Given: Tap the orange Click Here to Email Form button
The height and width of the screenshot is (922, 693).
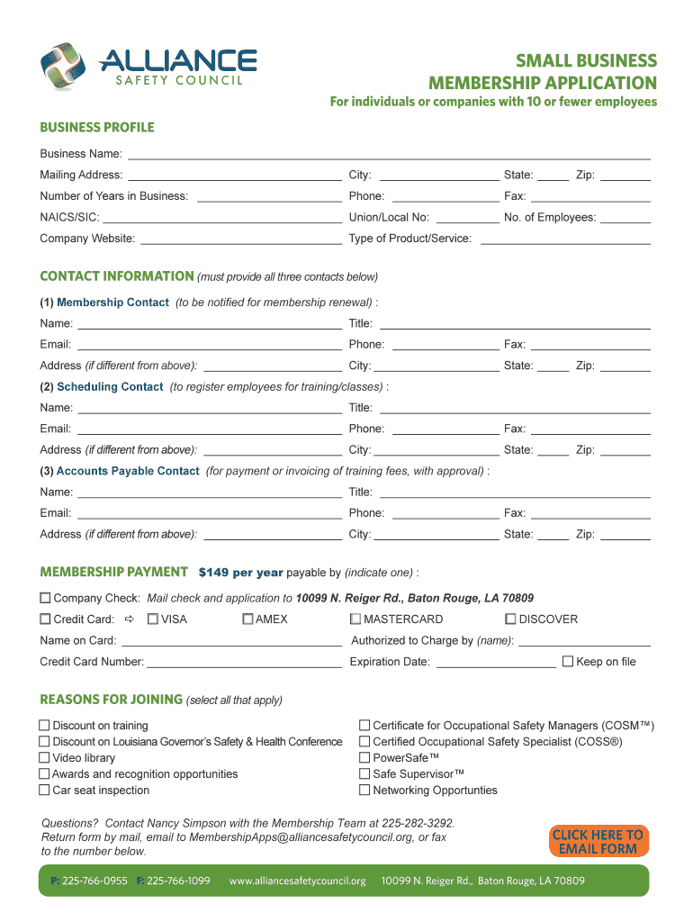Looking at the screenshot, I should (598, 842).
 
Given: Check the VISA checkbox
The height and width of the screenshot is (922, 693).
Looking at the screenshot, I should (153, 619).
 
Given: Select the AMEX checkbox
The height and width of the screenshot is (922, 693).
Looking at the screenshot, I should (247, 619).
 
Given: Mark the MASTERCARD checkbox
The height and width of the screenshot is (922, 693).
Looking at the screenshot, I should (355, 619).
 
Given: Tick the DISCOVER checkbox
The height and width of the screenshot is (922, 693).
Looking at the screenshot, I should (510, 619).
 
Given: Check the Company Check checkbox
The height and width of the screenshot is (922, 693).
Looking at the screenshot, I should (45, 598).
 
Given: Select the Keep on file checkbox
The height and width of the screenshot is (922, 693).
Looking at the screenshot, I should (568, 662).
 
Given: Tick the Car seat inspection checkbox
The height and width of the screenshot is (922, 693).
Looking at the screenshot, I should (44, 791).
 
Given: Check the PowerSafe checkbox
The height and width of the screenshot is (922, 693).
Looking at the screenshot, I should (364, 758).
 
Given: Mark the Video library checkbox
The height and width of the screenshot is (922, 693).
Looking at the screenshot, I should (44, 758).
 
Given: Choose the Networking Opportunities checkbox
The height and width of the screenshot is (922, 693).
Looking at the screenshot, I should (364, 791).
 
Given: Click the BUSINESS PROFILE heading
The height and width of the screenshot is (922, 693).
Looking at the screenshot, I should (97, 127).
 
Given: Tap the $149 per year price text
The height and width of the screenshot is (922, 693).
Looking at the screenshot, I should (241, 573).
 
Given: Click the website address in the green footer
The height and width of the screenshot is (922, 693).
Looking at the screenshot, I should (298, 881).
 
